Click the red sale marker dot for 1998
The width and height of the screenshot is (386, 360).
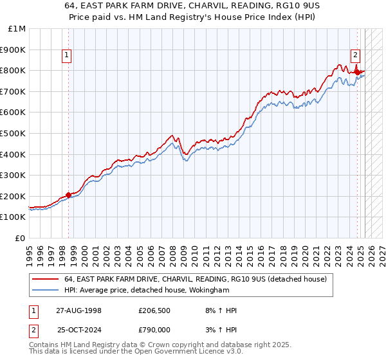69,195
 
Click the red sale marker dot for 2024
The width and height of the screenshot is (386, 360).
358,72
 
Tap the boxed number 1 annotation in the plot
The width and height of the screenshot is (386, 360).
67,55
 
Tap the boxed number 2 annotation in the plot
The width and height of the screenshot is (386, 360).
355,55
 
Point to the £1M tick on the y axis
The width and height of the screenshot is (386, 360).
17,29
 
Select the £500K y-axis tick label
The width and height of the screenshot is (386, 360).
14,133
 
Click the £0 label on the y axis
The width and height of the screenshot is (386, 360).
21,238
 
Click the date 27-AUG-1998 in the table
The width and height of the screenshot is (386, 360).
78,310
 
